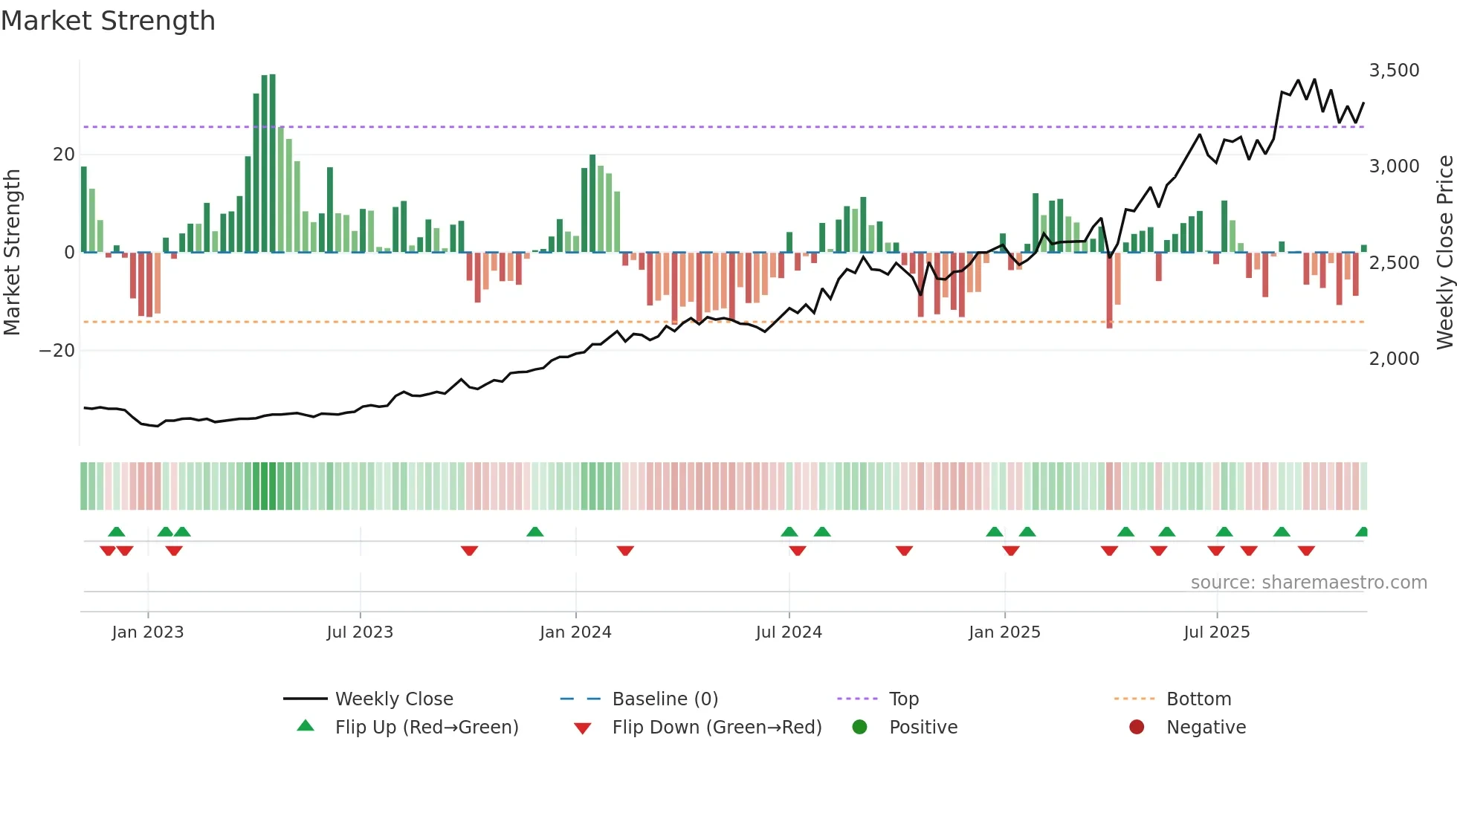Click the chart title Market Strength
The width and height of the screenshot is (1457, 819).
point(108,21)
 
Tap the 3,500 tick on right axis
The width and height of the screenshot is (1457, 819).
point(1394,71)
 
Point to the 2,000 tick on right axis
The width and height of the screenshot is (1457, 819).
point(1394,358)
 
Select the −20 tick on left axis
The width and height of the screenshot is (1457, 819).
point(57,350)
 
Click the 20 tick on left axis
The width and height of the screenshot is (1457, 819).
point(64,155)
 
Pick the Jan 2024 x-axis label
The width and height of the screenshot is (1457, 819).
point(575,632)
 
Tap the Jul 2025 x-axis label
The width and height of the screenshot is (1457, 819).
point(1217,632)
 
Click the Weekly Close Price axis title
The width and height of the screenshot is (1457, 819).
point(1444,253)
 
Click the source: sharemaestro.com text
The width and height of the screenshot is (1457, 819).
point(1308,583)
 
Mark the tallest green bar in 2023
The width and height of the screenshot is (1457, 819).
point(272,164)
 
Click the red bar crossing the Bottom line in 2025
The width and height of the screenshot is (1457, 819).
point(1109,290)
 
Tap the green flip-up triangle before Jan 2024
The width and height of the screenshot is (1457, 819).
point(534,532)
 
